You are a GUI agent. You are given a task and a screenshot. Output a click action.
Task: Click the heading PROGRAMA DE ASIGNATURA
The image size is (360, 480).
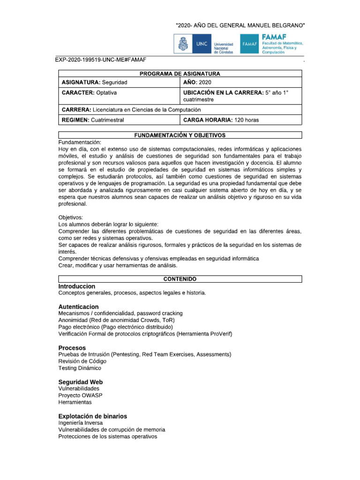(x=180, y=74)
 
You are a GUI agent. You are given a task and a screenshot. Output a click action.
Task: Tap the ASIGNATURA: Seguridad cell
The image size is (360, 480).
(x=95, y=82)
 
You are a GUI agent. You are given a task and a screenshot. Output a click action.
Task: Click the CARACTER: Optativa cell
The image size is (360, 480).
(x=90, y=93)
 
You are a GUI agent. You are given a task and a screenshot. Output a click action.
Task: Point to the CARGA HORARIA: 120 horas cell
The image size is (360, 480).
(x=220, y=120)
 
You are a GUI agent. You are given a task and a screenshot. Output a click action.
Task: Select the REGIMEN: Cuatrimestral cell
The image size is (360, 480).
(x=93, y=120)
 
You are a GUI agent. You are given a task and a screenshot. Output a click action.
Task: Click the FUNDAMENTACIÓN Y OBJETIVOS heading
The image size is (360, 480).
(x=180, y=135)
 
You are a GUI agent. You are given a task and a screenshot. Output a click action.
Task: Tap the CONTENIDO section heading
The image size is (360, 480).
(x=180, y=279)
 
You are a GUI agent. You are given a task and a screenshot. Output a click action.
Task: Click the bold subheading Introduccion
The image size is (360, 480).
(x=77, y=286)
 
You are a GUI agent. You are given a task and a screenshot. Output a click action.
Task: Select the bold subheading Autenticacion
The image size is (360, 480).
(x=78, y=307)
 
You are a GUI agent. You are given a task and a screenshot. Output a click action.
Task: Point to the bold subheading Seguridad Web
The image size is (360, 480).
(x=80, y=382)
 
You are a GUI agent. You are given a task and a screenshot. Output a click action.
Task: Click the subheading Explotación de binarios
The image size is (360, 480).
(x=92, y=416)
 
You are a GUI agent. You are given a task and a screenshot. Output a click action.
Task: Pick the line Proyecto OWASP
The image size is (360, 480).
(x=80, y=396)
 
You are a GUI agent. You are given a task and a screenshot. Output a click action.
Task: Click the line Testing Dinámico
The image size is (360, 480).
(x=80, y=368)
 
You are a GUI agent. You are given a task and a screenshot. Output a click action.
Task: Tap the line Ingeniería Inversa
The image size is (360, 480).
(x=81, y=423)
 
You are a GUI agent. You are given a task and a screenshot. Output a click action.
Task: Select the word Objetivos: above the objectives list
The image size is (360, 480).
(x=70, y=218)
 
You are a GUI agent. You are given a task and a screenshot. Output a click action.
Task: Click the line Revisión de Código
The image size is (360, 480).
(x=82, y=361)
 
